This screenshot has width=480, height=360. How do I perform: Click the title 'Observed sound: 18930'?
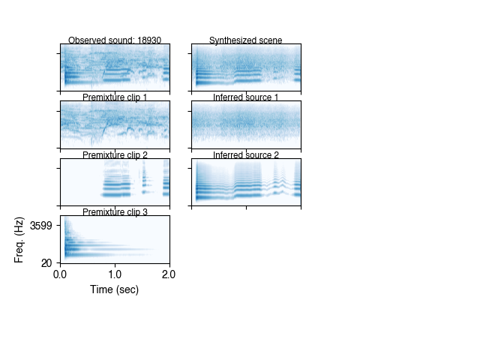pos(115,40)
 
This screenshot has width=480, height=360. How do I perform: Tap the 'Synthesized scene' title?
pos(246,40)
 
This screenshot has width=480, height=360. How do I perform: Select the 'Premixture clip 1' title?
pos(115,97)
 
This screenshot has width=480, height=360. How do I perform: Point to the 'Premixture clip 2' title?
pos(115,155)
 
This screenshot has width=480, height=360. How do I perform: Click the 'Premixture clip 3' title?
pos(115,212)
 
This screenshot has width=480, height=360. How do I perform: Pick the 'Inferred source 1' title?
pos(246,97)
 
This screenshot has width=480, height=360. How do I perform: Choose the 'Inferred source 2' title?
pos(246,155)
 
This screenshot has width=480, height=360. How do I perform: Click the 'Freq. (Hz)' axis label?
pos(20,239)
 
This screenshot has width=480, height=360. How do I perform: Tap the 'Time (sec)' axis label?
pos(115,289)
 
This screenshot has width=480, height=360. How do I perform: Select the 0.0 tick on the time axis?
pos(61,274)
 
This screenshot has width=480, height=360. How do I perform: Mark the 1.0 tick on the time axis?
pos(115,274)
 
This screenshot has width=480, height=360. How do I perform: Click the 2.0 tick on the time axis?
pos(169,274)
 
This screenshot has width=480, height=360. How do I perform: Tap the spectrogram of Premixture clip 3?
pos(115,239)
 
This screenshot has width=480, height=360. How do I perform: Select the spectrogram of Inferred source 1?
pos(246,124)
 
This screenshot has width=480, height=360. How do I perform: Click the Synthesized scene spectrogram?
pos(246,67)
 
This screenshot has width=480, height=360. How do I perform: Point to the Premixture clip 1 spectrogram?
pos(115,124)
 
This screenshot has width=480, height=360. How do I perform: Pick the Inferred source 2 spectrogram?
pos(246,181)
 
